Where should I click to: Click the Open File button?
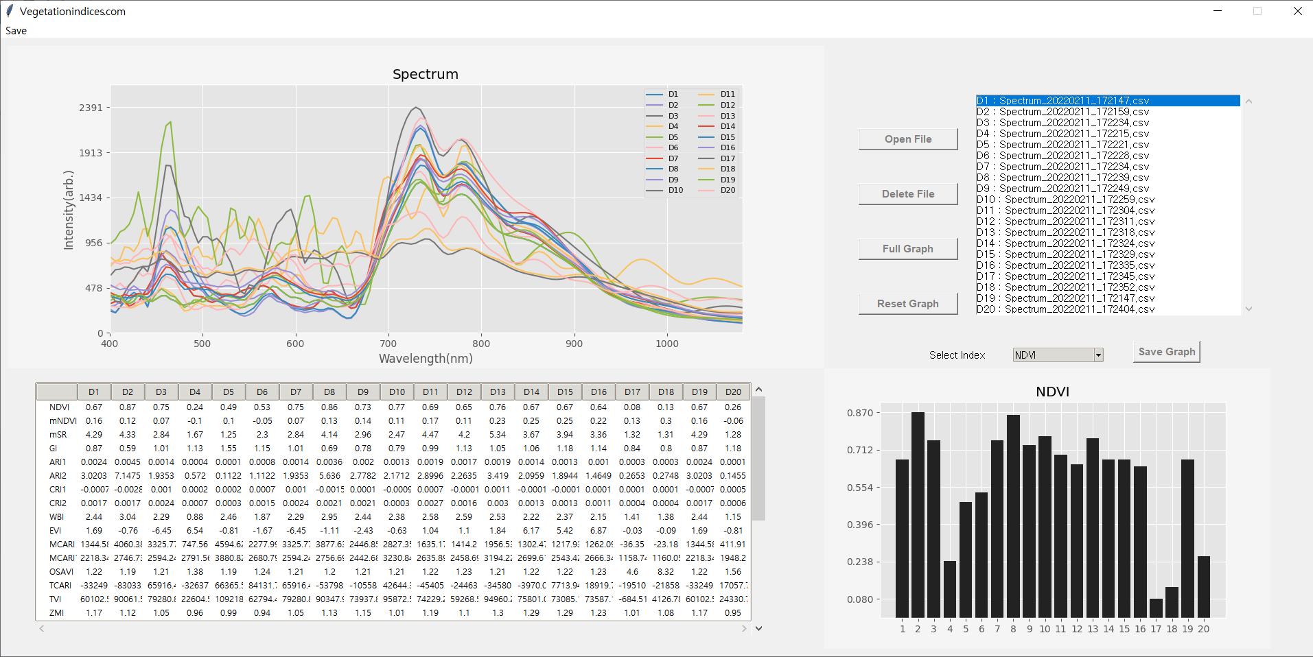[x=907, y=139]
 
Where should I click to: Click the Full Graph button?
[x=907, y=249]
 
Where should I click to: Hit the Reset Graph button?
[x=907, y=304]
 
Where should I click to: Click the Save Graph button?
[x=1166, y=352]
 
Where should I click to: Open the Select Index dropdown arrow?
[x=1098, y=355]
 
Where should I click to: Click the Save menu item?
[x=16, y=31]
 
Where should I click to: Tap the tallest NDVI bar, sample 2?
[x=918, y=514]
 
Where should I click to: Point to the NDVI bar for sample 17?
[x=1156, y=608]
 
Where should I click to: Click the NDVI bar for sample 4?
[x=950, y=589]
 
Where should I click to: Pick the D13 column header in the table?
[x=498, y=392]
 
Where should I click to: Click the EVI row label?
[x=56, y=531]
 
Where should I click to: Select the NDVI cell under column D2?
[x=128, y=407]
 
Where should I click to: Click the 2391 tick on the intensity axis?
[x=91, y=108]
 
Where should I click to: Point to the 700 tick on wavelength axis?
[x=388, y=344]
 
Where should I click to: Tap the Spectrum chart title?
[x=426, y=74]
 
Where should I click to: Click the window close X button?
[x=1297, y=11]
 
